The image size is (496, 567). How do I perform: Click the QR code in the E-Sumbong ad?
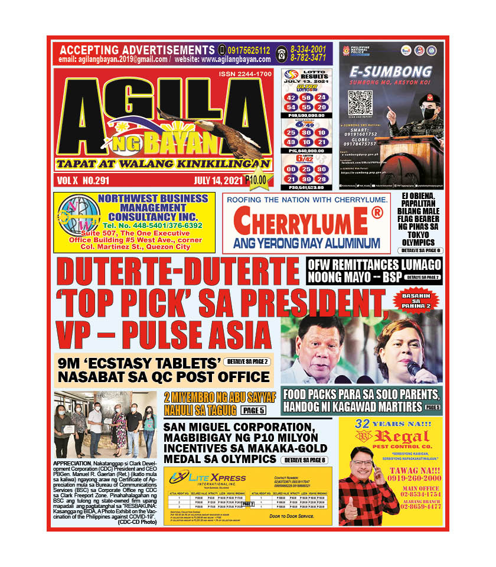tap(359, 102)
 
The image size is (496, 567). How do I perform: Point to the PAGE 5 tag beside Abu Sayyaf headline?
tap(253, 410)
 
